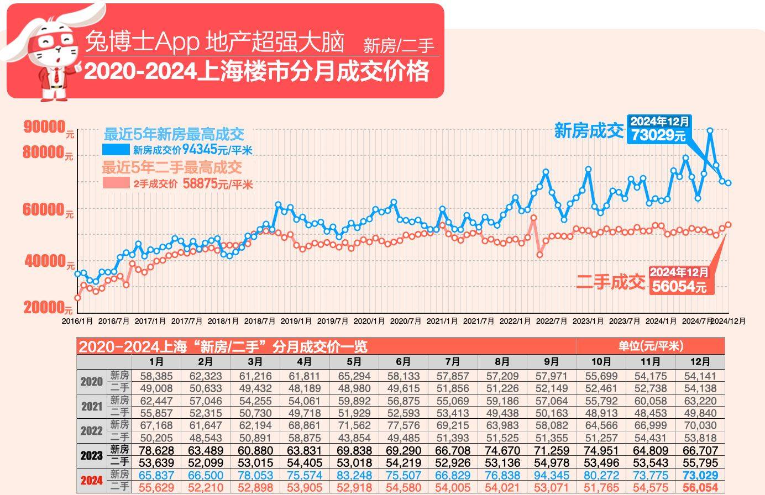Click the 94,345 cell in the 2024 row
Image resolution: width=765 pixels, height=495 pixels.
click(552, 476)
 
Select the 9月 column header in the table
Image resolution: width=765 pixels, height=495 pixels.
click(552, 362)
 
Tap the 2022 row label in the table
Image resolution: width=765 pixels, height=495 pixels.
click(92, 431)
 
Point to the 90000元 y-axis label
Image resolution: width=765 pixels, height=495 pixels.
click(48, 127)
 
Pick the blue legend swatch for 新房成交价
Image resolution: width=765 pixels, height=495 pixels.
click(116, 150)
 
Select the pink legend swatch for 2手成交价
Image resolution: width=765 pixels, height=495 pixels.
click(116, 183)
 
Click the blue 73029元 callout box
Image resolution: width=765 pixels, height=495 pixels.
click(659, 129)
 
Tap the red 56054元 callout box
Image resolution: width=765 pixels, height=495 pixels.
click(679, 280)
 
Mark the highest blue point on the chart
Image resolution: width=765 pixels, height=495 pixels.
click(710, 131)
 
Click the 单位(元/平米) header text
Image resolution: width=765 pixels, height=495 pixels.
click(650, 346)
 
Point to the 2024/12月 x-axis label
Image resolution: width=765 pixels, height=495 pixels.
click(728, 321)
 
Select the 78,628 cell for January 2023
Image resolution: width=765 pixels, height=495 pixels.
click(156, 451)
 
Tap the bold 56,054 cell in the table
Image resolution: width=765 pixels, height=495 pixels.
click(700, 488)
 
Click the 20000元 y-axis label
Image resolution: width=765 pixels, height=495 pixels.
click(48, 308)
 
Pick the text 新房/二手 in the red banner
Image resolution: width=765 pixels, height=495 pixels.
click(399, 46)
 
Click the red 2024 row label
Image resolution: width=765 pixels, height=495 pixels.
click(92, 481)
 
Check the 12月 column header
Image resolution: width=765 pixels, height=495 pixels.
click(700, 362)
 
